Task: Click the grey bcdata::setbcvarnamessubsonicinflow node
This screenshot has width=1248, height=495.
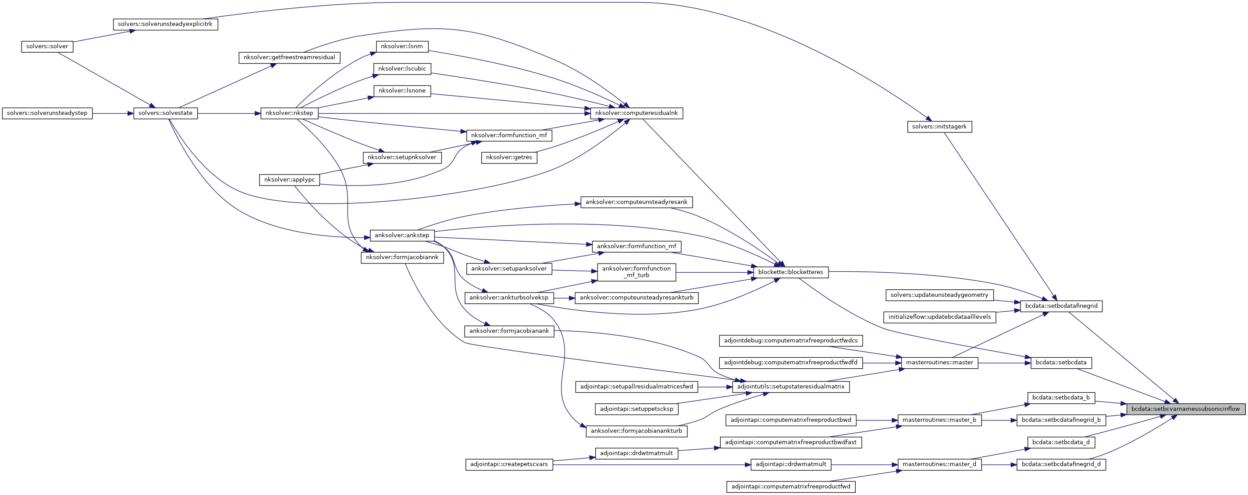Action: (1185, 409)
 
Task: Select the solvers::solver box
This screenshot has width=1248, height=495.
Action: (47, 46)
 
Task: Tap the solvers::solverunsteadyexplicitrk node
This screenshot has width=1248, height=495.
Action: (165, 24)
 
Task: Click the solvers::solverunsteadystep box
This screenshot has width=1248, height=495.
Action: (47, 113)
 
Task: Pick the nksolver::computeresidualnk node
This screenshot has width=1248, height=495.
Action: (636, 113)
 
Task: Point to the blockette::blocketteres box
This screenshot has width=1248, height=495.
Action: (791, 272)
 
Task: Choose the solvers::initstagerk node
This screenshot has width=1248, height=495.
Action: (939, 127)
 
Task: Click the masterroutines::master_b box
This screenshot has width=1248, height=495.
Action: (939, 420)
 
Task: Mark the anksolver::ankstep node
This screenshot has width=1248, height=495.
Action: (402, 235)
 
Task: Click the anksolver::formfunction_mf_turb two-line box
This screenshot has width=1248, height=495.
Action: (636, 272)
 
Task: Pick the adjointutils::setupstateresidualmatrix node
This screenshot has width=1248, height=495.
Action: (791, 387)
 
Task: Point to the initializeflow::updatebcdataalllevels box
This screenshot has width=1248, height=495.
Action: (939, 317)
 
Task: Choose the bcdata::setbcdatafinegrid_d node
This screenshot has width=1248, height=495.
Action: (1061, 464)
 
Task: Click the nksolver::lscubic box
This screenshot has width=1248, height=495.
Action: (402, 69)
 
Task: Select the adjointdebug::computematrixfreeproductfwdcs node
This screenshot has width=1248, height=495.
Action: (791, 341)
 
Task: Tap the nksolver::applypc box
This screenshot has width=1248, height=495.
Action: (289, 180)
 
